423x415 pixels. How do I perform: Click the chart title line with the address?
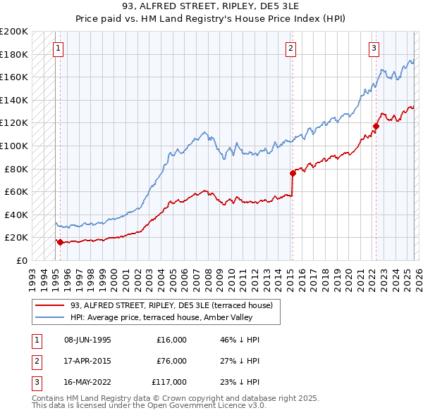(x=211, y=8)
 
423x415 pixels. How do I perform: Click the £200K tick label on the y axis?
(x=14, y=32)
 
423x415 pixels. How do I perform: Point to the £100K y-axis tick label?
(x=14, y=146)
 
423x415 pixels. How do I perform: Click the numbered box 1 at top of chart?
(x=58, y=49)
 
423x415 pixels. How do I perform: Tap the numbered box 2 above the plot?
(x=290, y=49)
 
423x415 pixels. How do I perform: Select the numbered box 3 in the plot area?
(x=374, y=49)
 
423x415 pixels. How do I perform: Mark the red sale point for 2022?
(x=376, y=127)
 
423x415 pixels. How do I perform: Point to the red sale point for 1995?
(x=60, y=242)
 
